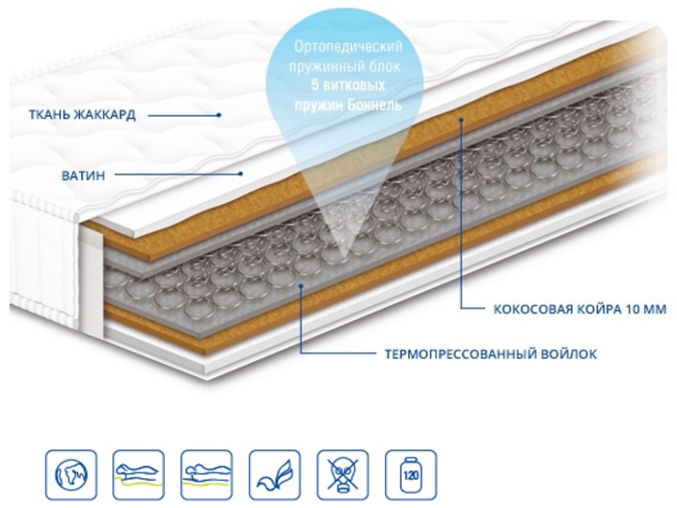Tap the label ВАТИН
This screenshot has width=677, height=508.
tap(83, 174)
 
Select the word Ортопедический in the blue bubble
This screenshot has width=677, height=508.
tap(347, 43)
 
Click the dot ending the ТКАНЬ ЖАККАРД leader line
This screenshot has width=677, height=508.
tap(217, 114)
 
